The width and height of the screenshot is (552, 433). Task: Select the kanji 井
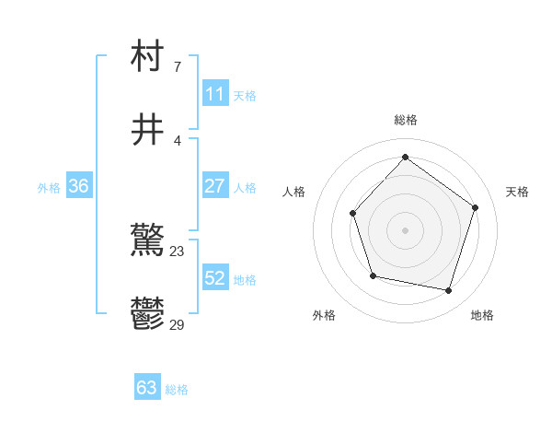(x=148, y=130)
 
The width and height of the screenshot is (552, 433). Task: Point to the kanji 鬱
(x=148, y=314)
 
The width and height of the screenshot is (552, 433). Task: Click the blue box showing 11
(x=214, y=94)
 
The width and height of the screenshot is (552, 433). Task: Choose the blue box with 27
(x=214, y=186)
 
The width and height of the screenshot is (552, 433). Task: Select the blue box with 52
(x=214, y=278)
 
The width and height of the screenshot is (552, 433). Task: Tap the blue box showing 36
(x=78, y=186)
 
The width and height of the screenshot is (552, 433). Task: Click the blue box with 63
(x=147, y=388)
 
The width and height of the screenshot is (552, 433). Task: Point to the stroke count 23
(x=178, y=251)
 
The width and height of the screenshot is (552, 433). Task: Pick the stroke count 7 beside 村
(x=178, y=66)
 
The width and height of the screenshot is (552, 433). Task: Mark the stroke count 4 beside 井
(x=178, y=140)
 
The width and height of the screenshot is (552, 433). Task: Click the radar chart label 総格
(x=406, y=120)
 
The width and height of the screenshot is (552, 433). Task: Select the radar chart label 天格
(x=517, y=192)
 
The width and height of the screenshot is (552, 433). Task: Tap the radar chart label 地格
(x=482, y=315)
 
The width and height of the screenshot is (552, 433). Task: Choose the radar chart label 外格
(x=324, y=315)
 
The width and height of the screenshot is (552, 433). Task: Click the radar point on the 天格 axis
(x=476, y=207)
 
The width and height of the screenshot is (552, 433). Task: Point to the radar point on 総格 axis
(x=405, y=157)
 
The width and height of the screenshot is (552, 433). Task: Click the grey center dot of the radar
(x=405, y=229)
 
